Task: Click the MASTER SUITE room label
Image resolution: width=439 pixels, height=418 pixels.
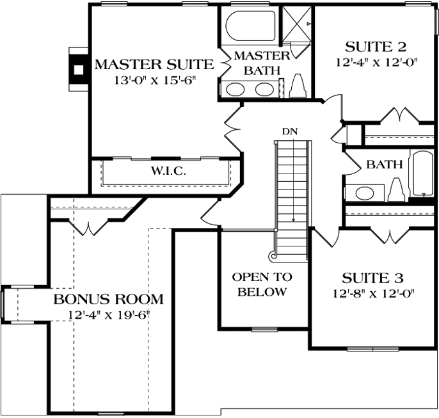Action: pyautogui.click(x=154, y=64)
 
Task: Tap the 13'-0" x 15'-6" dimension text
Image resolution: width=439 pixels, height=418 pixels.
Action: pyautogui.click(x=154, y=81)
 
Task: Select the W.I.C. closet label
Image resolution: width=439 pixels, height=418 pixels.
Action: pyautogui.click(x=168, y=172)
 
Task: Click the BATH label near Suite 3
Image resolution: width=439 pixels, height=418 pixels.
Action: pyautogui.click(x=385, y=165)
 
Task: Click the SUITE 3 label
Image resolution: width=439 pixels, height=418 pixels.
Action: pyautogui.click(x=372, y=278)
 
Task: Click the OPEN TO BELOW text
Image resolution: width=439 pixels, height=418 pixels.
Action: pyautogui.click(x=262, y=285)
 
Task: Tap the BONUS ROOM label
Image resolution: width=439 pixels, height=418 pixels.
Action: pyautogui.click(x=108, y=299)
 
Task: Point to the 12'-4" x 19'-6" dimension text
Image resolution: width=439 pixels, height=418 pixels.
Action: pyautogui.click(x=109, y=315)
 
